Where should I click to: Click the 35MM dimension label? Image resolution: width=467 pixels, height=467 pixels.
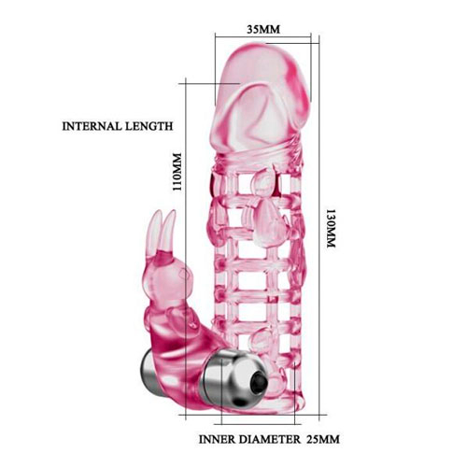pyautogui.click(x=263, y=29)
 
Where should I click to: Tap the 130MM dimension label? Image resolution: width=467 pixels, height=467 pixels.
pyautogui.click(x=332, y=228)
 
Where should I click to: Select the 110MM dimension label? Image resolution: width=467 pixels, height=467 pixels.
pyautogui.click(x=177, y=172)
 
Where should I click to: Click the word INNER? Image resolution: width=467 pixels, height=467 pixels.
pyautogui.click(x=217, y=439)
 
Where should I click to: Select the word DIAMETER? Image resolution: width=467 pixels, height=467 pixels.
pyautogui.click(x=270, y=439)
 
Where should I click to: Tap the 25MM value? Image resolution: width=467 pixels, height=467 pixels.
pyautogui.click(x=323, y=439)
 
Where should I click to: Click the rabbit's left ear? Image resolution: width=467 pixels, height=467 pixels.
pyautogui.click(x=156, y=229)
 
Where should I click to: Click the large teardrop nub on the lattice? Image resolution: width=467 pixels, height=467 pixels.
pyautogui.click(x=268, y=224)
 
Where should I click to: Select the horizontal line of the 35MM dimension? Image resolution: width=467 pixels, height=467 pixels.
pyautogui.click(x=263, y=37)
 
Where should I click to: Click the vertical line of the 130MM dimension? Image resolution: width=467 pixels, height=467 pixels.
pyautogui.click(x=319, y=225)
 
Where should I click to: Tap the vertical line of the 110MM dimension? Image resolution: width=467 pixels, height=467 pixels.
pyautogui.click(x=186, y=249)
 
